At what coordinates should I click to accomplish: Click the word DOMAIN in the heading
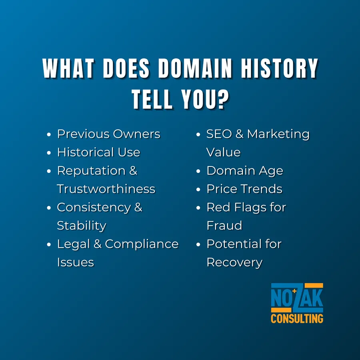click(x=195, y=68)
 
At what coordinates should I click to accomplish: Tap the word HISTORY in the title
click(x=279, y=68)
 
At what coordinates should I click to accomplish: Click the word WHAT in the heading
click(x=68, y=68)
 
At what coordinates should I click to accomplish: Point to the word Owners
click(x=136, y=134)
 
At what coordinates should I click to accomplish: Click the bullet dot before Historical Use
click(x=49, y=153)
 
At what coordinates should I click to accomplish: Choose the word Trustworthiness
click(x=106, y=189)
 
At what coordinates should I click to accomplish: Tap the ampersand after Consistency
click(x=138, y=207)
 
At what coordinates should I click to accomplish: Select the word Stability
click(x=82, y=226)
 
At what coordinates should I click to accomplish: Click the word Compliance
click(x=142, y=244)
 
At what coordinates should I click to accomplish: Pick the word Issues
click(x=76, y=262)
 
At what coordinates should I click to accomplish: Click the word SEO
click(x=219, y=134)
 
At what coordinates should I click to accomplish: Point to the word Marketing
click(x=278, y=134)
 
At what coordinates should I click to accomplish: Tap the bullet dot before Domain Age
click(x=198, y=171)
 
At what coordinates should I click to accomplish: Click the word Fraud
click(x=224, y=226)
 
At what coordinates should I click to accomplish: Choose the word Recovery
click(x=234, y=263)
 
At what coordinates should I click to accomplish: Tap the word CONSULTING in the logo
click(x=297, y=319)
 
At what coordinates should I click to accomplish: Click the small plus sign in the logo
click(x=294, y=291)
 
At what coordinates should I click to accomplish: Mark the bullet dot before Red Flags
click(x=198, y=208)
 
